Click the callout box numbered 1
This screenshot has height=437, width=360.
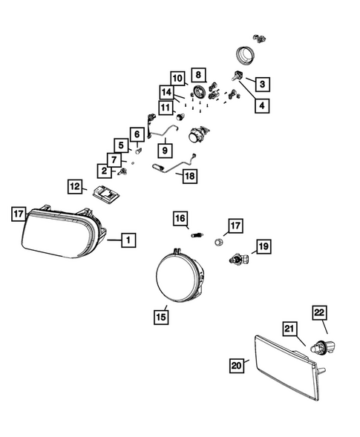pyautogui.click(x=128, y=240)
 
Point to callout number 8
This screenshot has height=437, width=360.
pyautogui.click(x=198, y=74)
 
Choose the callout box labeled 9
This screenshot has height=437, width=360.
pyautogui.click(x=163, y=151)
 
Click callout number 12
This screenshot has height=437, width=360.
pyautogui.click(x=75, y=186)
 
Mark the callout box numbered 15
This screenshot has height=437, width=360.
pyautogui.click(x=160, y=317)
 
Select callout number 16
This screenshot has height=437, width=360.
pyautogui.click(x=179, y=218)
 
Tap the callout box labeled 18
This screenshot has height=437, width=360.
pyautogui.click(x=189, y=177)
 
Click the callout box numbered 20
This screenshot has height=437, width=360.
pyautogui.click(x=236, y=364)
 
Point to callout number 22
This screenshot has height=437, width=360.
pyautogui.click(x=319, y=313)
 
